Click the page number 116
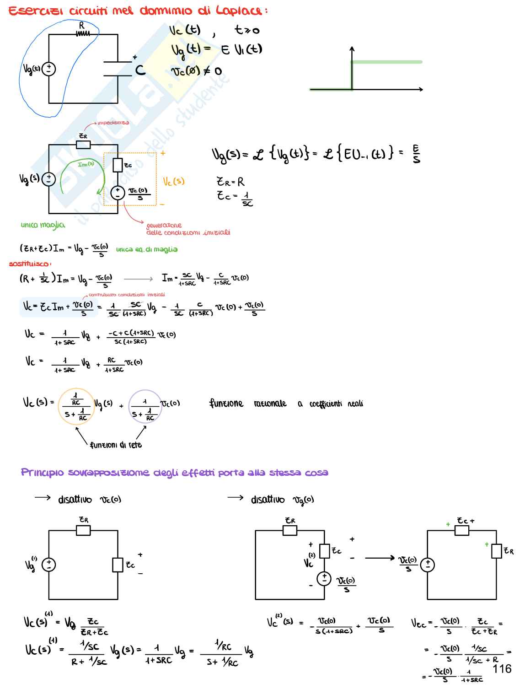click(x=502, y=669)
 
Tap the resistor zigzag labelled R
click(x=83, y=33)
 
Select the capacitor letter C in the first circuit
click(x=140, y=70)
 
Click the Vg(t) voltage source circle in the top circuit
click(x=49, y=69)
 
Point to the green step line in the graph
click(x=386, y=62)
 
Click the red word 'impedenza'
click(x=113, y=123)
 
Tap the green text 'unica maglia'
click(x=43, y=225)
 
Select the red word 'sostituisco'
click(x=30, y=264)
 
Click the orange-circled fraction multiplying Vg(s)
click(x=76, y=406)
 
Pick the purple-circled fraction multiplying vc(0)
click(x=145, y=406)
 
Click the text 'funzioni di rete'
click(x=116, y=445)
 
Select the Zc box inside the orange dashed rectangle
click(x=118, y=165)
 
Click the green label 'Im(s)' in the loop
click(x=86, y=164)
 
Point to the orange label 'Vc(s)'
click(x=174, y=182)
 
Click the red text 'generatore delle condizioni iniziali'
click(x=187, y=229)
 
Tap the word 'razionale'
click(x=270, y=404)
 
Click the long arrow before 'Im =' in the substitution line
click(x=138, y=279)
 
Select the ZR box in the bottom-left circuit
click(x=83, y=530)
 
